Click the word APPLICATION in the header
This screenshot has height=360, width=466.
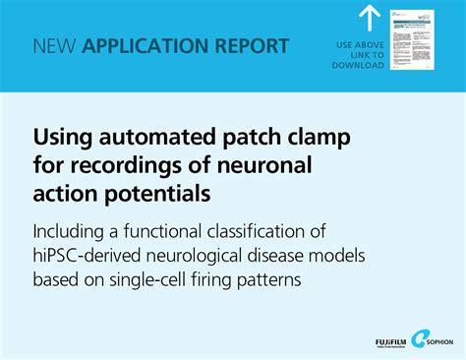click(141, 46)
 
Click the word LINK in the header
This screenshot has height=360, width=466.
click(349, 56)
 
